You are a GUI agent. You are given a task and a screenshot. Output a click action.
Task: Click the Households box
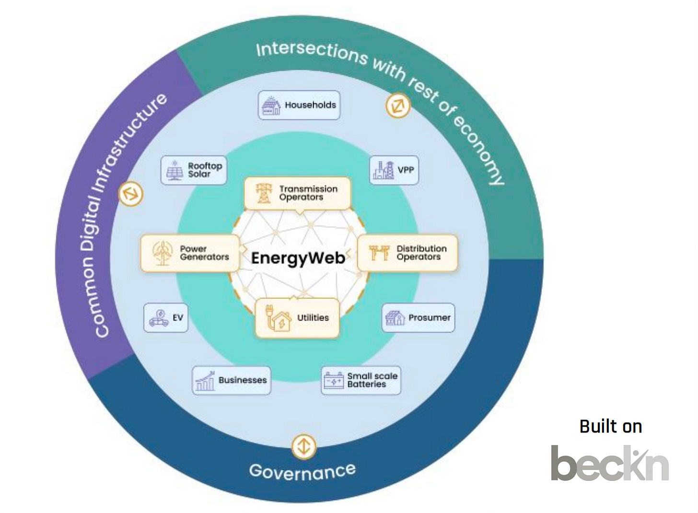tap(299, 105)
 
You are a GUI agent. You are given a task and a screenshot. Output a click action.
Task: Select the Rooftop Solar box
tap(194, 170)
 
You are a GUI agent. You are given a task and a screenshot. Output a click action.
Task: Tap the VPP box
tap(394, 170)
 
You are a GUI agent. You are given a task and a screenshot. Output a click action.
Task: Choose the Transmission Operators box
tap(297, 193)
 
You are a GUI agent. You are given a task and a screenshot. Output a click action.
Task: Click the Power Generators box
tap(190, 253)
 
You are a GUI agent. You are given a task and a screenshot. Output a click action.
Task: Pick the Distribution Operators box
tap(407, 253)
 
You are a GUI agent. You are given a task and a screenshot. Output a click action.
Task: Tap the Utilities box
tap(297, 318)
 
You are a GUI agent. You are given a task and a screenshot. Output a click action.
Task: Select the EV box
tap(166, 317)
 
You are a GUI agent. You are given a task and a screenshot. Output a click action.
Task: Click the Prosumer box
tap(418, 317)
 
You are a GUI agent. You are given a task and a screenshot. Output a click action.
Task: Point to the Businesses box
tap(231, 380)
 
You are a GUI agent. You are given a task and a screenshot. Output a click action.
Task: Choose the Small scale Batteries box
tap(361, 380)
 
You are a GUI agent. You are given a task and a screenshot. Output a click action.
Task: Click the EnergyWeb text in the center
tap(298, 258)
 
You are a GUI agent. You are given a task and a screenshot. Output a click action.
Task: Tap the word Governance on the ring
tap(302, 471)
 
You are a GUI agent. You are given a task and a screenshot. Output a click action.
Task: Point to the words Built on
tap(610, 426)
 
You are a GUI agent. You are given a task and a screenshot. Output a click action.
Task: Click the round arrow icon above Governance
tap(303, 446)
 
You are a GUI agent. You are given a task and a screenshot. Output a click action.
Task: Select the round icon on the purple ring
tap(131, 194)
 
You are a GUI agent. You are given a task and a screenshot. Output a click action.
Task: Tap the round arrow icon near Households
tap(398, 105)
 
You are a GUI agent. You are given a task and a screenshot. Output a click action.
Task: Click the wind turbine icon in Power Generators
tap(163, 253)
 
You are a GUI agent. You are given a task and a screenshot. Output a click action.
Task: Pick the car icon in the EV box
tap(159, 318)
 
